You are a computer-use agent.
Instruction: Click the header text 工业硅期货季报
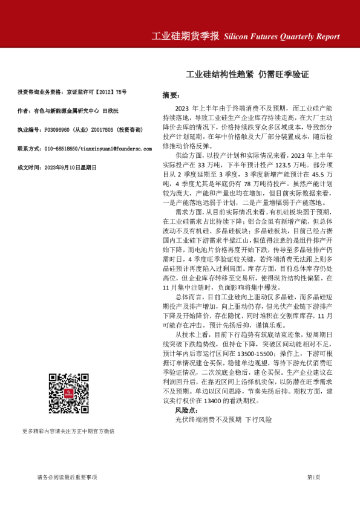click(x=185, y=36)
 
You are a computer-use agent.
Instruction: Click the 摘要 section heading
click(x=171, y=96)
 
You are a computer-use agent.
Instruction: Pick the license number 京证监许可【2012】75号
click(x=97, y=92)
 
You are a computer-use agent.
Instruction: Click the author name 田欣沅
click(x=111, y=111)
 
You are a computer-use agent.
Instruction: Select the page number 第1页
click(x=313, y=478)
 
